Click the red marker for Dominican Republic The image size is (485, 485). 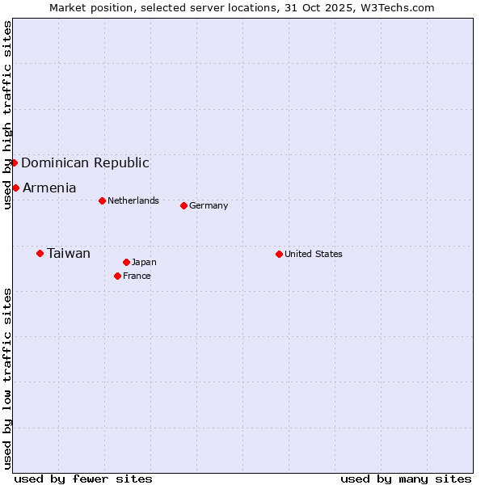15,162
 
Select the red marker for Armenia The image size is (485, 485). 15,188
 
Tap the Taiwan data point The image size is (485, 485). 40,253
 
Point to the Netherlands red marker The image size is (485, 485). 102,200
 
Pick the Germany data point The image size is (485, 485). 183,205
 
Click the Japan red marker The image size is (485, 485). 126,262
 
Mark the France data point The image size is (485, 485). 117,276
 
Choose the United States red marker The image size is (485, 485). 279,254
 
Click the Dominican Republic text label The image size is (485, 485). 85,162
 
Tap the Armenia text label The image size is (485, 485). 49,188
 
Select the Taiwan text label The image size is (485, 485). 69,253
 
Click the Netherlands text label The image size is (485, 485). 133,200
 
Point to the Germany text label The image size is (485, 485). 209,205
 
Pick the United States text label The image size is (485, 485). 314,254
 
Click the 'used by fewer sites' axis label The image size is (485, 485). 83,479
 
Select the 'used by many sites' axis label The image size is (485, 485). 406,479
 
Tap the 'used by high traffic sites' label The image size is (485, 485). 7,115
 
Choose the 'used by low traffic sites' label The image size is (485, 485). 7,378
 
